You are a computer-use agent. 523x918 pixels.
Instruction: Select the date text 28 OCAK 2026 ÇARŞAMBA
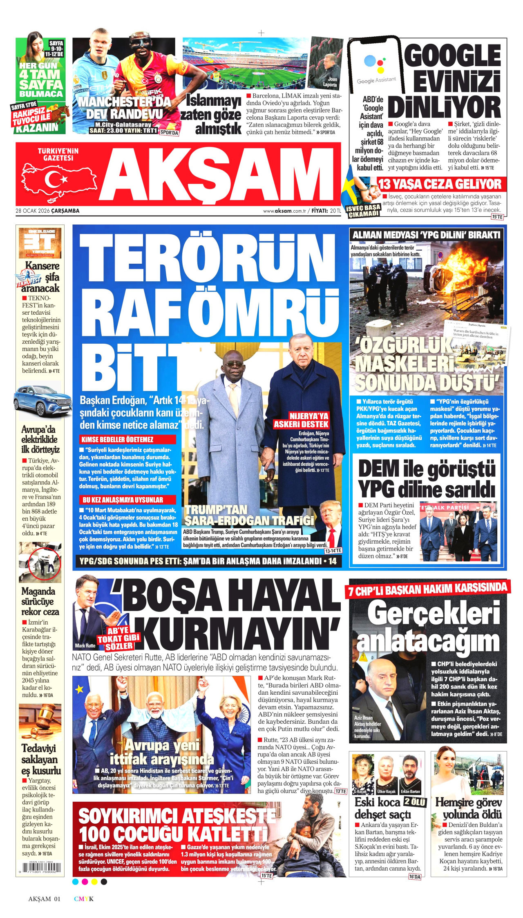tap(47, 211)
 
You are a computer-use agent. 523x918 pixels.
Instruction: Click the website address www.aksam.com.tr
tap(285, 211)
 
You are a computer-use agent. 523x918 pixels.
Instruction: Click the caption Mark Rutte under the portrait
tap(85, 645)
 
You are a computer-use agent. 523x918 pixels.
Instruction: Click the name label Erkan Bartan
tap(410, 791)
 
